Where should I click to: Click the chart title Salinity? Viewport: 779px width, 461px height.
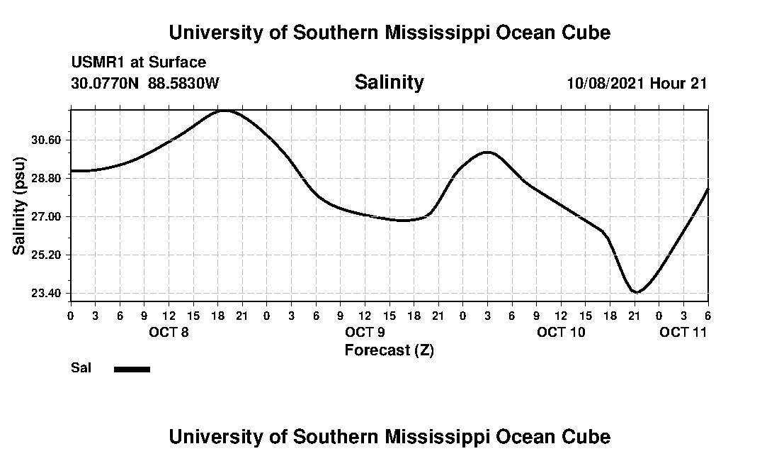point(389,82)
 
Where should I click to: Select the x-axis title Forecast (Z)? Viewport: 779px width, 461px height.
point(389,350)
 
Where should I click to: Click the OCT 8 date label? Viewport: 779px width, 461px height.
point(168,333)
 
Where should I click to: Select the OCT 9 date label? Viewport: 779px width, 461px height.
point(365,333)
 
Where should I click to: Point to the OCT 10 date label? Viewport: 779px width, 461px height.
point(561,333)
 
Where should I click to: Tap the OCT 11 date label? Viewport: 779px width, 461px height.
point(683,333)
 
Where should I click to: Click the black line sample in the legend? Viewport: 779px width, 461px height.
point(132,369)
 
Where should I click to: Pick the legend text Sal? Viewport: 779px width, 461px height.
point(81,368)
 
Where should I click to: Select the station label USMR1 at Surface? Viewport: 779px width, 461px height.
point(138,62)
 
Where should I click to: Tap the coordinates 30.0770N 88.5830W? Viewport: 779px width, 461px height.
point(145,83)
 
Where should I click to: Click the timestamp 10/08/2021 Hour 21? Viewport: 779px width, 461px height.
point(637,83)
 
